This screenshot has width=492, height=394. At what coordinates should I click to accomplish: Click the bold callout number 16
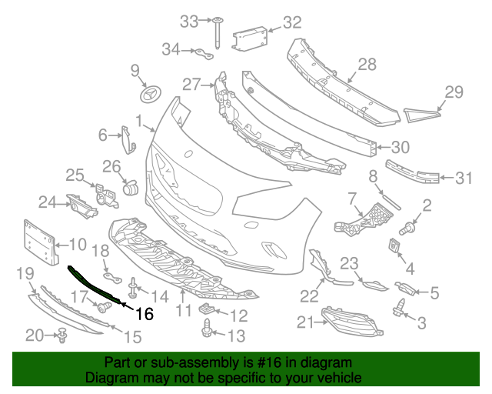pyautogui.click(x=145, y=313)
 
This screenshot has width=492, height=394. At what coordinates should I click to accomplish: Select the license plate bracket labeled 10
pyautogui.click(x=38, y=242)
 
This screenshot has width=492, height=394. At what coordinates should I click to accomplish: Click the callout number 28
pyautogui.click(x=367, y=65)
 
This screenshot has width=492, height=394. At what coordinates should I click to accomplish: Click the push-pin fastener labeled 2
pyautogui.click(x=409, y=226)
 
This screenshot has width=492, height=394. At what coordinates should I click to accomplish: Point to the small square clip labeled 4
pyautogui.click(x=397, y=246)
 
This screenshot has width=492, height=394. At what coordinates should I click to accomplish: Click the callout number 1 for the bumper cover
pyautogui.click(x=139, y=121)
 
